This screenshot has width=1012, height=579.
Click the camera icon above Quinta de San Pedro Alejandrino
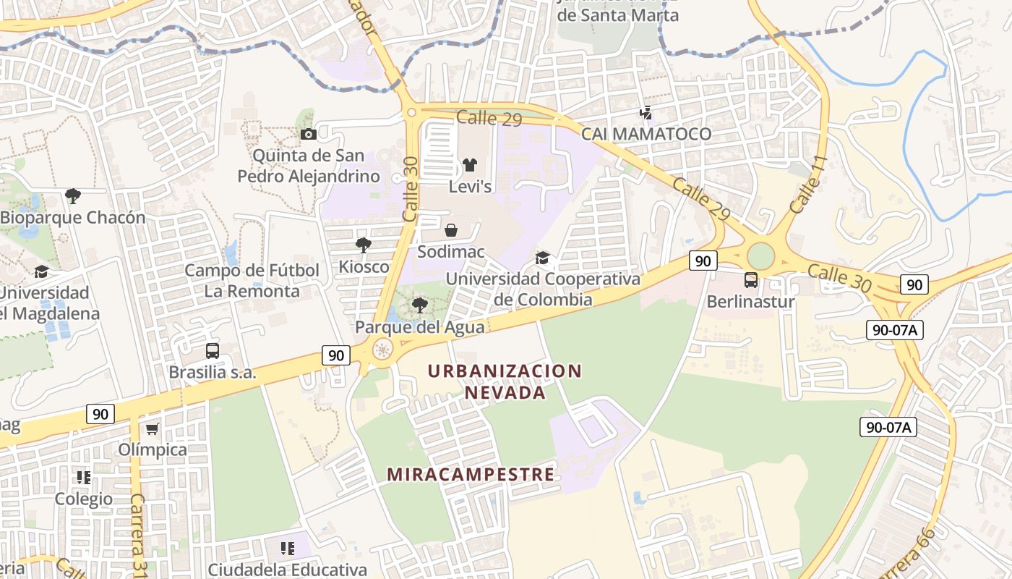tap(308, 134)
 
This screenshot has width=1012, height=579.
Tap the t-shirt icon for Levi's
tap(470, 165)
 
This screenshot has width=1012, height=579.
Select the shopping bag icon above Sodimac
tap(451, 230)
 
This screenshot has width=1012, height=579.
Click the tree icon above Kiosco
tap(364, 245)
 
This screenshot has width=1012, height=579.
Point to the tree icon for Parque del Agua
tap(419, 305)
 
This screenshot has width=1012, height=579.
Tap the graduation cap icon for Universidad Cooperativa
tap(542, 258)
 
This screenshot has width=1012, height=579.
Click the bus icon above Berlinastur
tap(751, 280)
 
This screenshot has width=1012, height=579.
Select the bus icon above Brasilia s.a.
tap(212, 351)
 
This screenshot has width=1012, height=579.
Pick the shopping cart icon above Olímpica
tap(152, 428)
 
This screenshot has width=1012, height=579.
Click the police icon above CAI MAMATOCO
tap(646, 112)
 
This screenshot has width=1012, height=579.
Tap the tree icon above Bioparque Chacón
tap(72, 195)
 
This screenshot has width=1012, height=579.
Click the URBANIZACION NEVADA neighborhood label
tap(505, 381)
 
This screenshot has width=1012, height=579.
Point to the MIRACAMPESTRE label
tap(471, 475)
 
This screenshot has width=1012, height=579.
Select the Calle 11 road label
tap(807, 184)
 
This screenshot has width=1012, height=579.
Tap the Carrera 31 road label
tap(137, 532)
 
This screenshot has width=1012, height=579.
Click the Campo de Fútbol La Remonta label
tap(252, 281)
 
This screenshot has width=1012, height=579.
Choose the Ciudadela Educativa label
tap(287, 570)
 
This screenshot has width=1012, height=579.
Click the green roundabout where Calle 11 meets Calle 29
tap(760, 255)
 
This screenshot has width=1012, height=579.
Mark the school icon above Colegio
tap(84, 477)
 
